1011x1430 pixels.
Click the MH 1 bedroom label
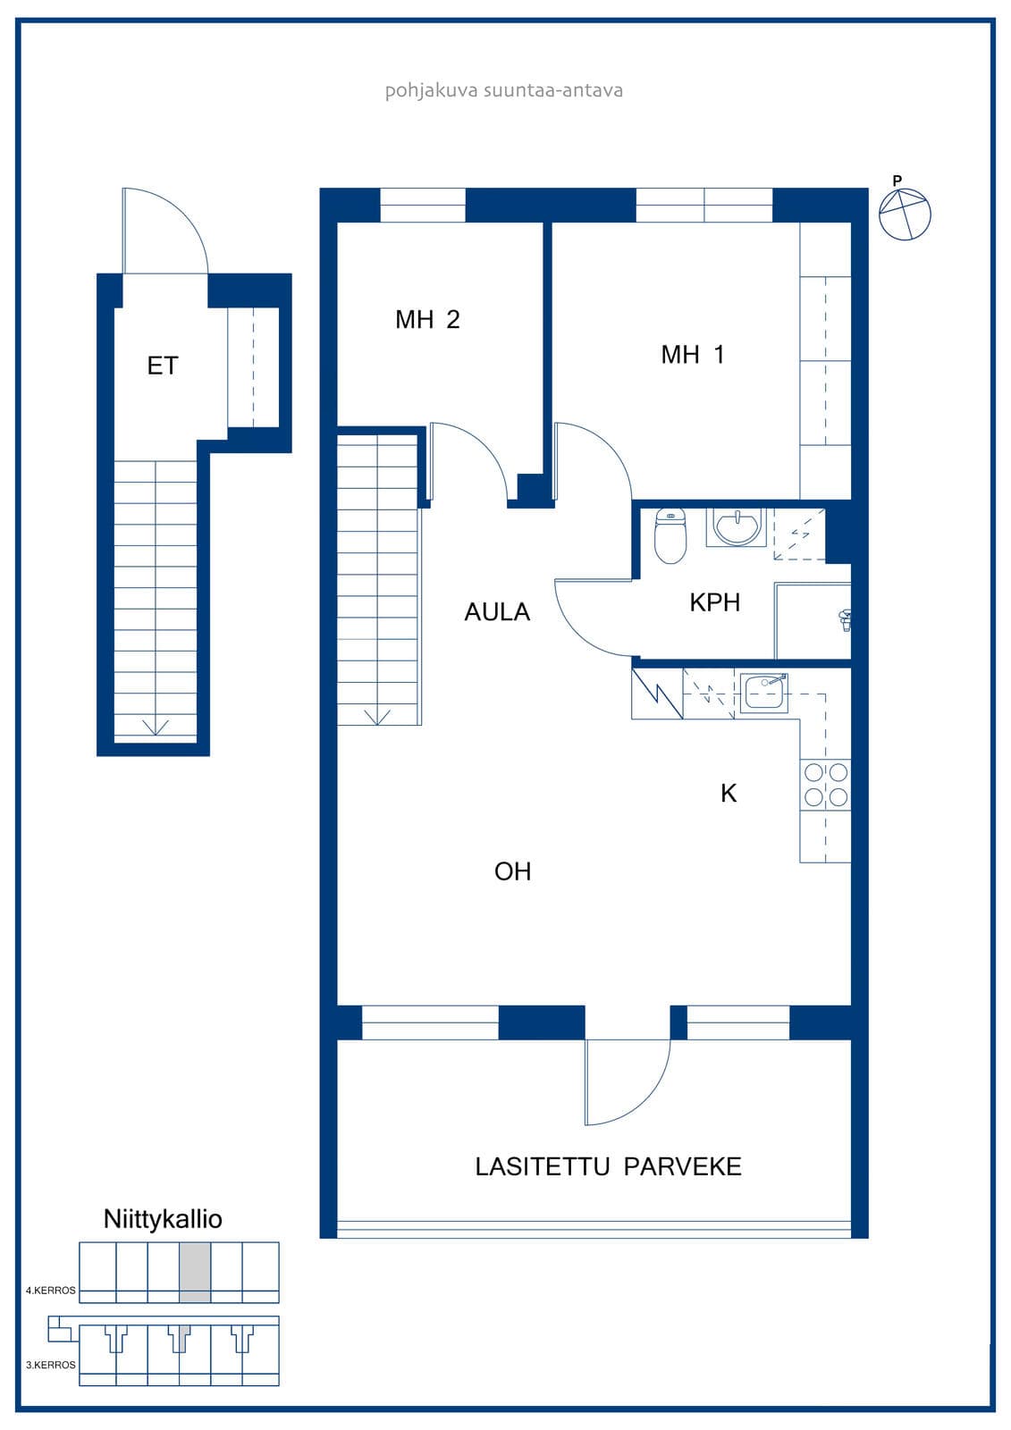pos(692,354)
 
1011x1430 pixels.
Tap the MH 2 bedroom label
pos(427,319)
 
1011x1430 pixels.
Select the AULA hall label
pos(497,611)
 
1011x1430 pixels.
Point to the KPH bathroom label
pos(714,602)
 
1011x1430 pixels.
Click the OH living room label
pos(512,871)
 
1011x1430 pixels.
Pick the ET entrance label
pos(162,366)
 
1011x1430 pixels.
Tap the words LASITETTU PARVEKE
pos(608,1166)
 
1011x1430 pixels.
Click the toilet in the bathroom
pos(670,535)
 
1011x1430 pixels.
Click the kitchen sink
pos(764,693)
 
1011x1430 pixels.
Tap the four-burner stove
pos(825,785)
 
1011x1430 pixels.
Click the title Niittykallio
pos(163,1219)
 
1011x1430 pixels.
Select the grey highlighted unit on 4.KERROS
pos(195,1272)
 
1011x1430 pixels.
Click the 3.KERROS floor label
pos(50,1365)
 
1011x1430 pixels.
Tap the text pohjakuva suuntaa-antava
pos(504,90)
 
